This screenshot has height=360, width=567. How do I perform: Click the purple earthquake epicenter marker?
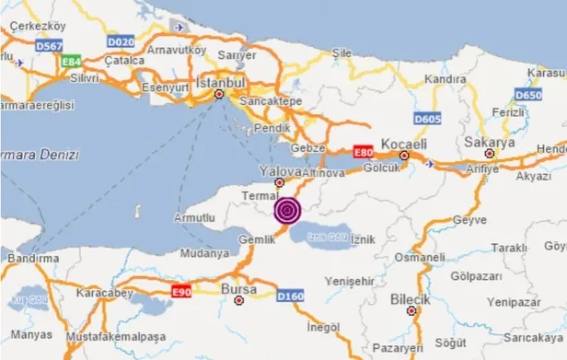[x=287, y=211]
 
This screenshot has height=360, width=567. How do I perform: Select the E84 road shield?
[x=70, y=61]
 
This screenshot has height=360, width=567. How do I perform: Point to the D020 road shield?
[x=120, y=41]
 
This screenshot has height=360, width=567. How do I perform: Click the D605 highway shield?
[x=426, y=118]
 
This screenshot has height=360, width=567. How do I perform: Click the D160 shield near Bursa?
[x=291, y=296]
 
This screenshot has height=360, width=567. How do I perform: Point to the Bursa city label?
[x=238, y=288]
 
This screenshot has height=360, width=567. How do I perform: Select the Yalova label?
[x=280, y=170]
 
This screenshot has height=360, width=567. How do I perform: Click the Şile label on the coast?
[x=342, y=52]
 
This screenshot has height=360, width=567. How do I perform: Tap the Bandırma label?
[x=29, y=260]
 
